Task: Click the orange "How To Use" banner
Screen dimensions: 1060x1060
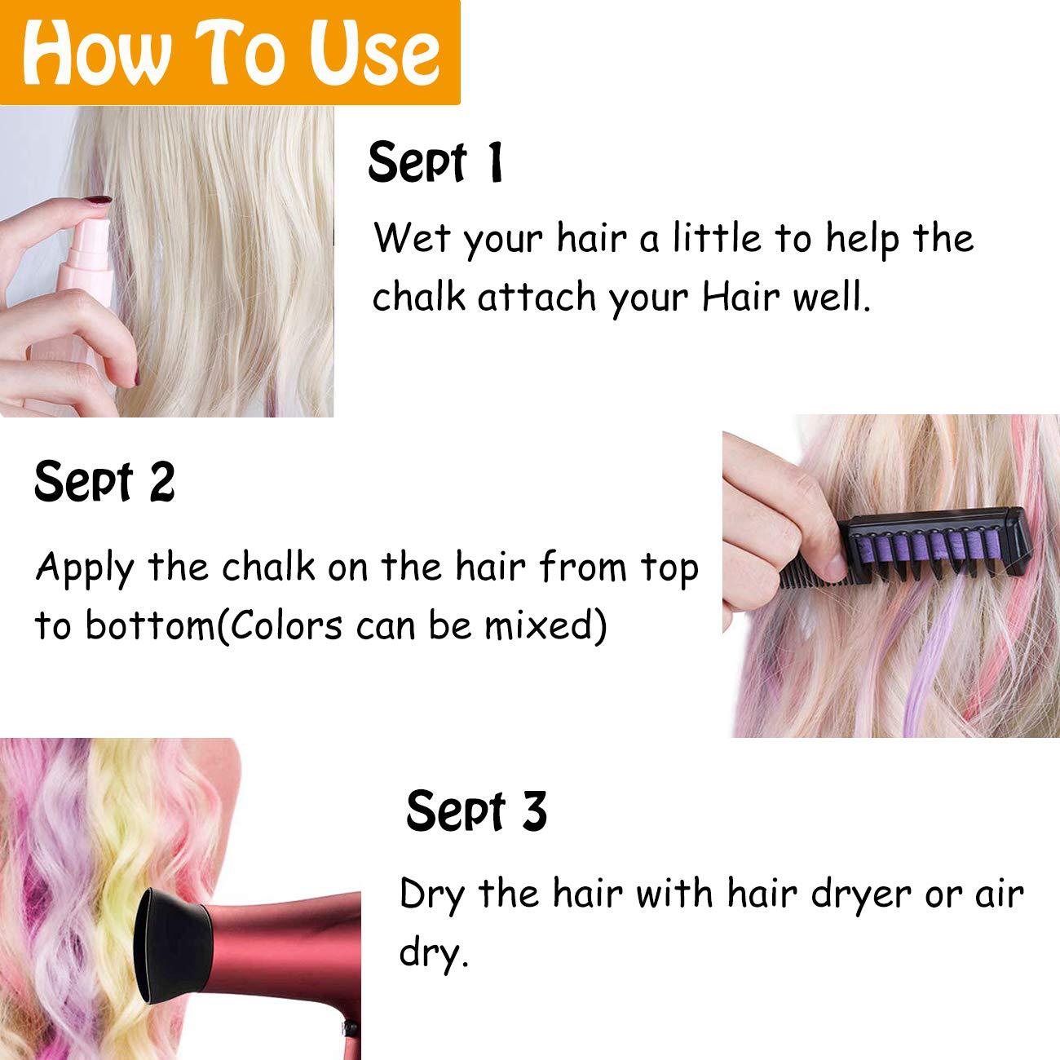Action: [x=230, y=51]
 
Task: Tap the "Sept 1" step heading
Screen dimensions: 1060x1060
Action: [x=435, y=162]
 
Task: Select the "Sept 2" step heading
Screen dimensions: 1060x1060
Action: [x=104, y=481]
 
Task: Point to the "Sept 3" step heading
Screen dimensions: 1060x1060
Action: [x=475, y=811]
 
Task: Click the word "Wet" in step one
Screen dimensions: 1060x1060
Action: [x=411, y=238]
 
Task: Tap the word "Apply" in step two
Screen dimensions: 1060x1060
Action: [x=84, y=568]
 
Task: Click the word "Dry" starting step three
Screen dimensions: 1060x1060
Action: [x=431, y=894]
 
